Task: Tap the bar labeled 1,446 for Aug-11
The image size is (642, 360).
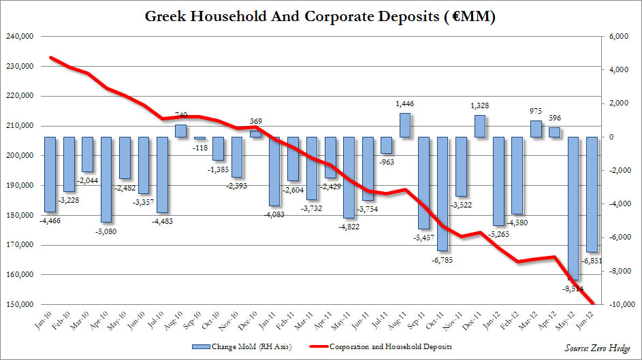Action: [x=404, y=125]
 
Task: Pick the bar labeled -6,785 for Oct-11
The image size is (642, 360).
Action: [x=443, y=193]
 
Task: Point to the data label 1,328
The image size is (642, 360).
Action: [x=479, y=106]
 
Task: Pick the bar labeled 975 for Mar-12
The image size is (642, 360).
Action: [x=536, y=129]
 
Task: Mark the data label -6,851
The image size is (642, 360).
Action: [x=591, y=260]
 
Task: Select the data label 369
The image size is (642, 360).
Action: [x=255, y=121]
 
